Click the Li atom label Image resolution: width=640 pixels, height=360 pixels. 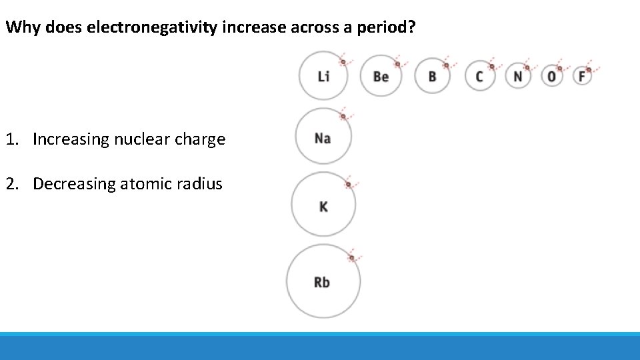(323, 76)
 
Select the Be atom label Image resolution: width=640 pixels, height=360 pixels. (381, 76)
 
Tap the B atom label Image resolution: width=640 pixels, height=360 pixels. (432, 76)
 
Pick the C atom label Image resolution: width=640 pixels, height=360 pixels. (479, 76)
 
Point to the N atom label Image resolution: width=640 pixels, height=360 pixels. (518, 76)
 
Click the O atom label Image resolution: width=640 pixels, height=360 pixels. (551, 76)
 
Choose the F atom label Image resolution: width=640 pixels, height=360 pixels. (581, 76)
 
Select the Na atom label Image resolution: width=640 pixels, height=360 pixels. (323, 138)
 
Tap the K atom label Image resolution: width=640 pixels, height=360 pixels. (323, 207)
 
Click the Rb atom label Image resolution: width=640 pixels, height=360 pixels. (322, 282)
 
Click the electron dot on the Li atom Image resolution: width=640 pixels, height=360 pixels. (343, 62)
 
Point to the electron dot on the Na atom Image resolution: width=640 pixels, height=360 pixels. (343, 116)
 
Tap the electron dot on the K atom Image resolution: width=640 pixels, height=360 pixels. (347, 185)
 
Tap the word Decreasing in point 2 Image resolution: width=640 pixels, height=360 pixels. (74, 184)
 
